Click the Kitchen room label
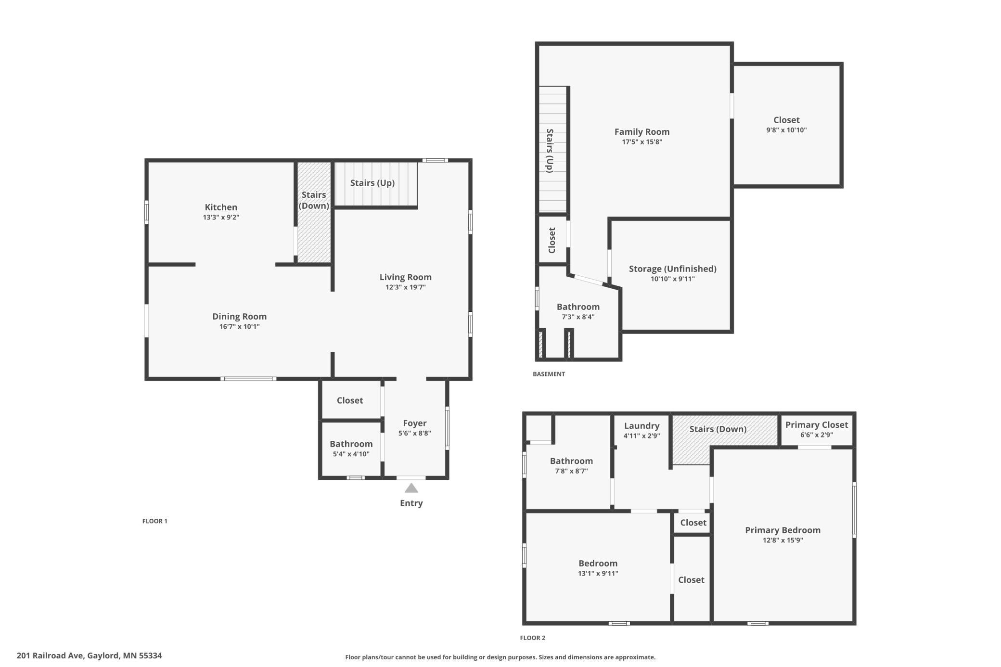click(x=221, y=207)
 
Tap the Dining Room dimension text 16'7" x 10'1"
click(x=239, y=327)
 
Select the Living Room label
click(x=405, y=277)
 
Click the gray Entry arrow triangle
click(x=411, y=488)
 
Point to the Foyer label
click(x=414, y=423)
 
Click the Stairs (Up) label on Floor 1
click(x=372, y=183)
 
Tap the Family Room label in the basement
click(x=642, y=131)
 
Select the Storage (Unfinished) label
click(x=673, y=269)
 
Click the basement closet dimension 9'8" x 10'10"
click(x=786, y=130)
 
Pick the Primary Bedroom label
click(x=783, y=530)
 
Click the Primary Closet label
click(x=816, y=424)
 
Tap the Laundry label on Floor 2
click(x=642, y=426)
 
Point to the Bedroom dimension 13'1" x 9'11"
click(x=598, y=574)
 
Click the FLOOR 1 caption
click(x=154, y=521)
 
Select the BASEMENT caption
click(x=549, y=374)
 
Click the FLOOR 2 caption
click(x=532, y=638)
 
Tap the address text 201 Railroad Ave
click(x=51, y=655)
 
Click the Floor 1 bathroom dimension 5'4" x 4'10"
click(x=351, y=454)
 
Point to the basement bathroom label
click(x=578, y=307)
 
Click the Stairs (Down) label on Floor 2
click(x=718, y=429)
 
